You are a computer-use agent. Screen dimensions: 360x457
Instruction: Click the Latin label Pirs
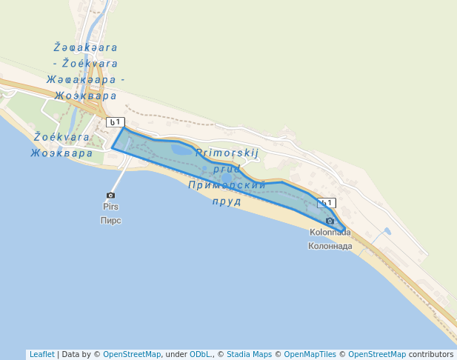(x=110, y=207)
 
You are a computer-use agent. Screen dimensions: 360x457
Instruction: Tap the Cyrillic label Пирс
(x=110, y=220)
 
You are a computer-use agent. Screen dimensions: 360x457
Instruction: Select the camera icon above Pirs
(x=111, y=196)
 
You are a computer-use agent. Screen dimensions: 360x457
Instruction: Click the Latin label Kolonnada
(x=330, y=233)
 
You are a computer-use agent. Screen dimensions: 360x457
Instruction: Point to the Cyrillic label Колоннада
(x=330, y=246)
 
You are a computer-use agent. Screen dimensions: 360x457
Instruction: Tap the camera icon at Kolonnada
(x=330, y=221)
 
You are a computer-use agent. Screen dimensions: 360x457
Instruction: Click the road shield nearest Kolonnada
(x=326, y=203)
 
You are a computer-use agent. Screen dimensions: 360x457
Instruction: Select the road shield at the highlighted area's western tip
(x=116, y=122)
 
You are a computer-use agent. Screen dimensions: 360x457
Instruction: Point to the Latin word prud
(x=227, y=169)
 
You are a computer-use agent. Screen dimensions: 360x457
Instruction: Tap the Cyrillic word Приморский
(x=227, y=185)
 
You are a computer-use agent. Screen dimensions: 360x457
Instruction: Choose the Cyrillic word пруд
(x=227, y=201)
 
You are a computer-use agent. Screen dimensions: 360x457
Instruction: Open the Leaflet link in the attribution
(x=41, y=354)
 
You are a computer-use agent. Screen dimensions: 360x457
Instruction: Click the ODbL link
(x=200, y=354)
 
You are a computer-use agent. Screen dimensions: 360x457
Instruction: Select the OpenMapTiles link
(x=310, y=354)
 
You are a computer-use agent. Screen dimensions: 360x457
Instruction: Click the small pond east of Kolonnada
(x=387, y=232)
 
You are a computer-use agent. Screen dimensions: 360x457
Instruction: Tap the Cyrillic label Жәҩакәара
(x=81, y=79)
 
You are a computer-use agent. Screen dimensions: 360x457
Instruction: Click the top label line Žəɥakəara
(x=86, y=47)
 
